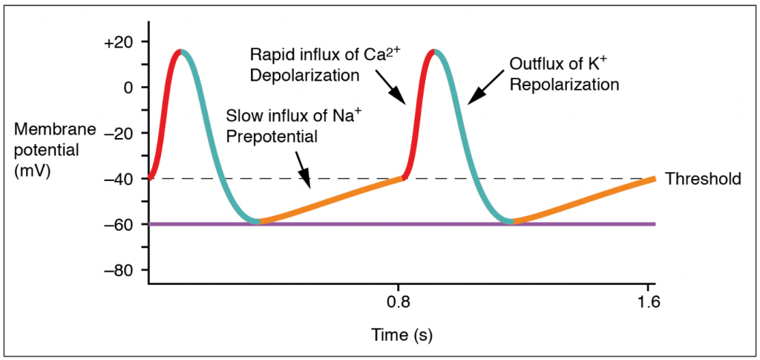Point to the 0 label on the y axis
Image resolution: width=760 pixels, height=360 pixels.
coord(129,87)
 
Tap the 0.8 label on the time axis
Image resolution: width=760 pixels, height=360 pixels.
coord(399,302)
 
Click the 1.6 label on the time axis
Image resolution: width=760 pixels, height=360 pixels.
coord(649,302)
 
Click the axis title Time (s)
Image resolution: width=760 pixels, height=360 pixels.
coord(402,335)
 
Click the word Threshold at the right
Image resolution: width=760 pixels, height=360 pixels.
coord(702,179)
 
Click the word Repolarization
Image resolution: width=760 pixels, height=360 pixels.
coord(565,84)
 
